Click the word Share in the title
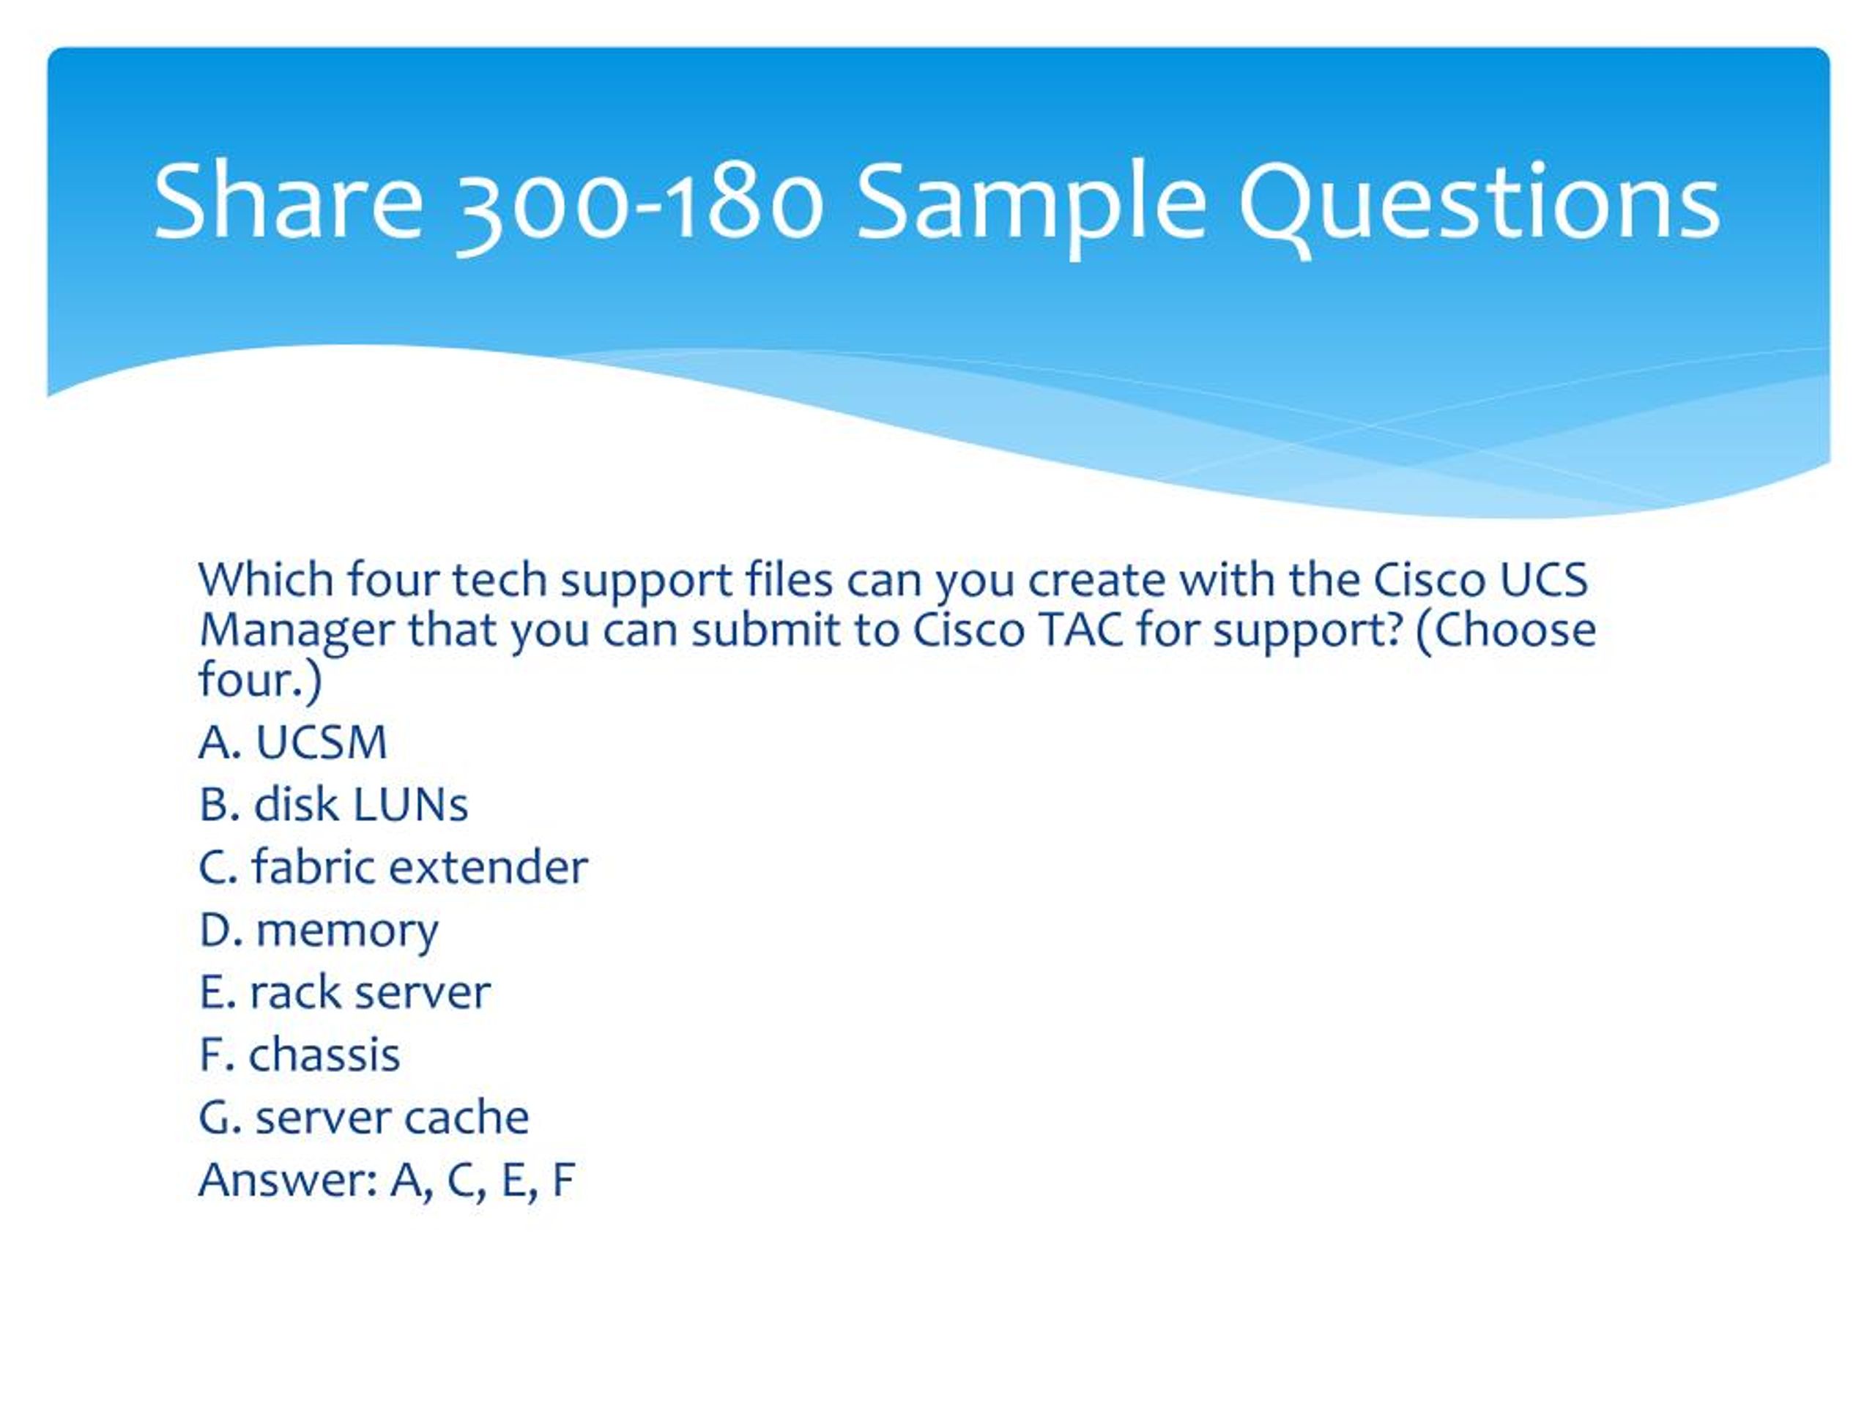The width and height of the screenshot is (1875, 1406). tap(287, 201)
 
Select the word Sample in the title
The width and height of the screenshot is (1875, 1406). tap(1031, 209)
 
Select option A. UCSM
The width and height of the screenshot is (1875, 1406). tap(292, 743)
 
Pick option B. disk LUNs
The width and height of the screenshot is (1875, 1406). tap(333, 804)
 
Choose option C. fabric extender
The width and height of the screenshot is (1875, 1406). tap(393, 867)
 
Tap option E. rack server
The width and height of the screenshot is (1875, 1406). tap(344, 992)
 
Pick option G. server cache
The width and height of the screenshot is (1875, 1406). tap(363, 1117)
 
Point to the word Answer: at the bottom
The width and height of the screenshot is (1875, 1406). tap(288, 1180)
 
